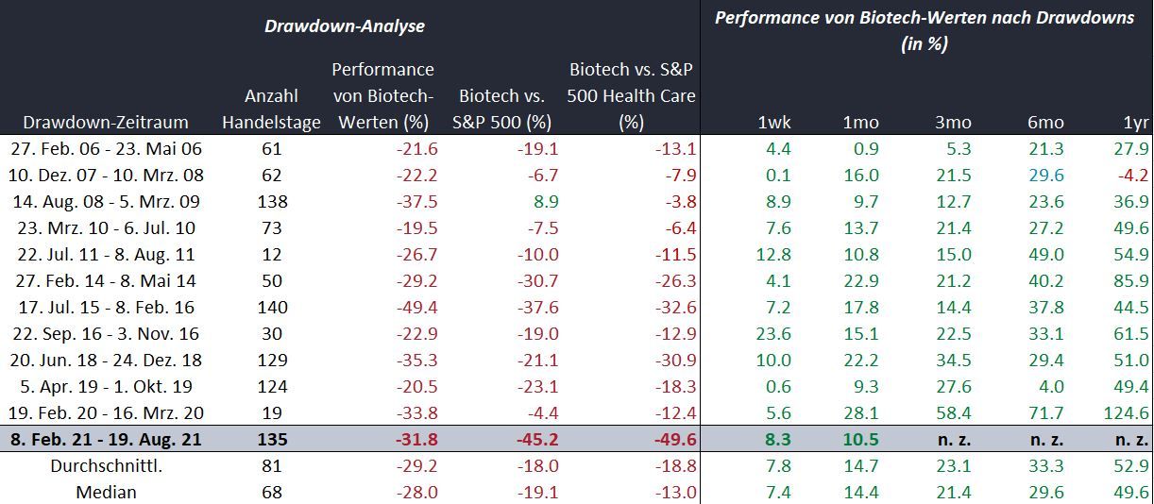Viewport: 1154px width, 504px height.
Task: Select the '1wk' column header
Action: (774, 122)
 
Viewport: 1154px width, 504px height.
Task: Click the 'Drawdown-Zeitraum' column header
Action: (106, 122)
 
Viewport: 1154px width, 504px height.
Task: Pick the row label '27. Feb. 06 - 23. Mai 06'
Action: (106, 148)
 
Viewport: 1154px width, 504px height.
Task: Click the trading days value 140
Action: (271, 307)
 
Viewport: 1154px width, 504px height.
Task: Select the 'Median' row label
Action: (106, 492)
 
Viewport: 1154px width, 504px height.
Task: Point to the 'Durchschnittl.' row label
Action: (106, 465)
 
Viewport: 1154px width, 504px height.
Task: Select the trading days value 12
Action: (271, 254)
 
